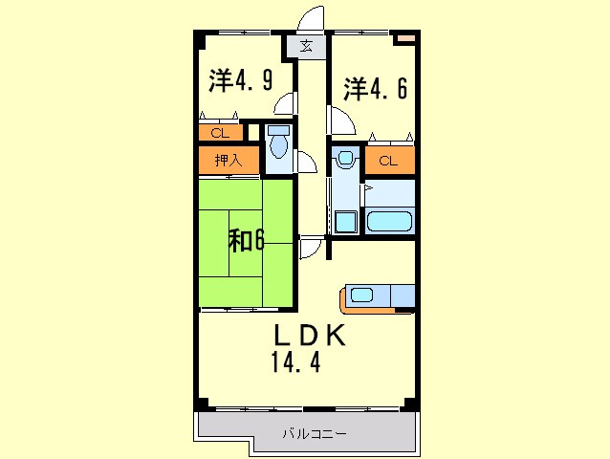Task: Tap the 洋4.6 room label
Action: [376, 89]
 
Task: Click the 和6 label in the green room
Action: [246, 240]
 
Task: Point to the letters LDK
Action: [309, 336]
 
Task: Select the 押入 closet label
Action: [229, 161]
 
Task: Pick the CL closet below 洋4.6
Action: [388, 161]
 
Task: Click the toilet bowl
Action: [278, 143]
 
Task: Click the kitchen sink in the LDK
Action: [360, 295]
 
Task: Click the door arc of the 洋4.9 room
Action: [284, 104]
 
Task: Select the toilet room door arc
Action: [305, 162]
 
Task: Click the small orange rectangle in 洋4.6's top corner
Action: [405, 38]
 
